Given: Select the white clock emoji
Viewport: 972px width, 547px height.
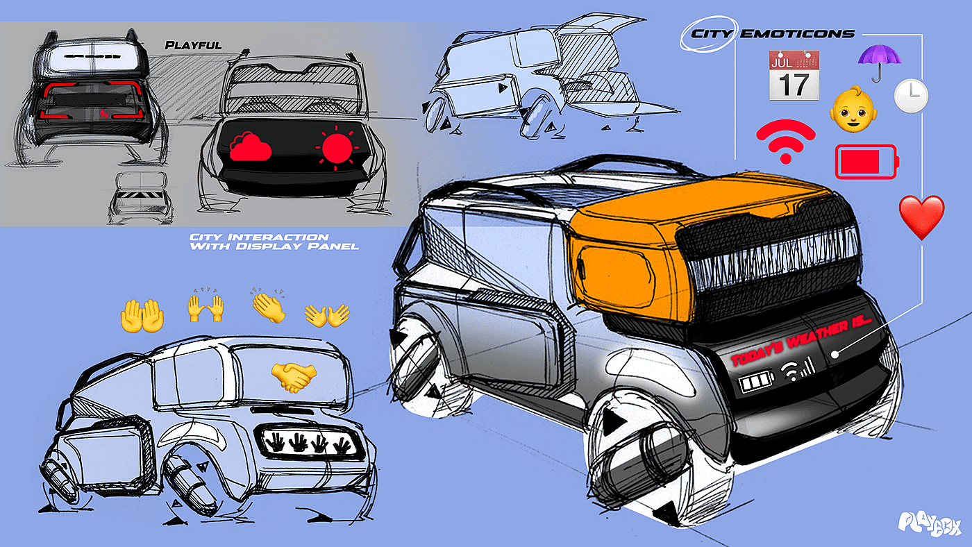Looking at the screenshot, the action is click(910, 96).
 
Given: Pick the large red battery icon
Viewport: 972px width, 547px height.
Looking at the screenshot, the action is click(866, 162).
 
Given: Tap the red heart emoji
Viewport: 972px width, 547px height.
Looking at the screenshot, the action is click(922, 217).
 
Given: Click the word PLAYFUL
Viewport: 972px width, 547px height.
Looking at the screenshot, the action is click(193, 46).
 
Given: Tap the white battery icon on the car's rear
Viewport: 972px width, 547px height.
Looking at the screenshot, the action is click(753, 383).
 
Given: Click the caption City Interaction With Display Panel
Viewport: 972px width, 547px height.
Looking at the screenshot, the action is click(274, 242).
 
